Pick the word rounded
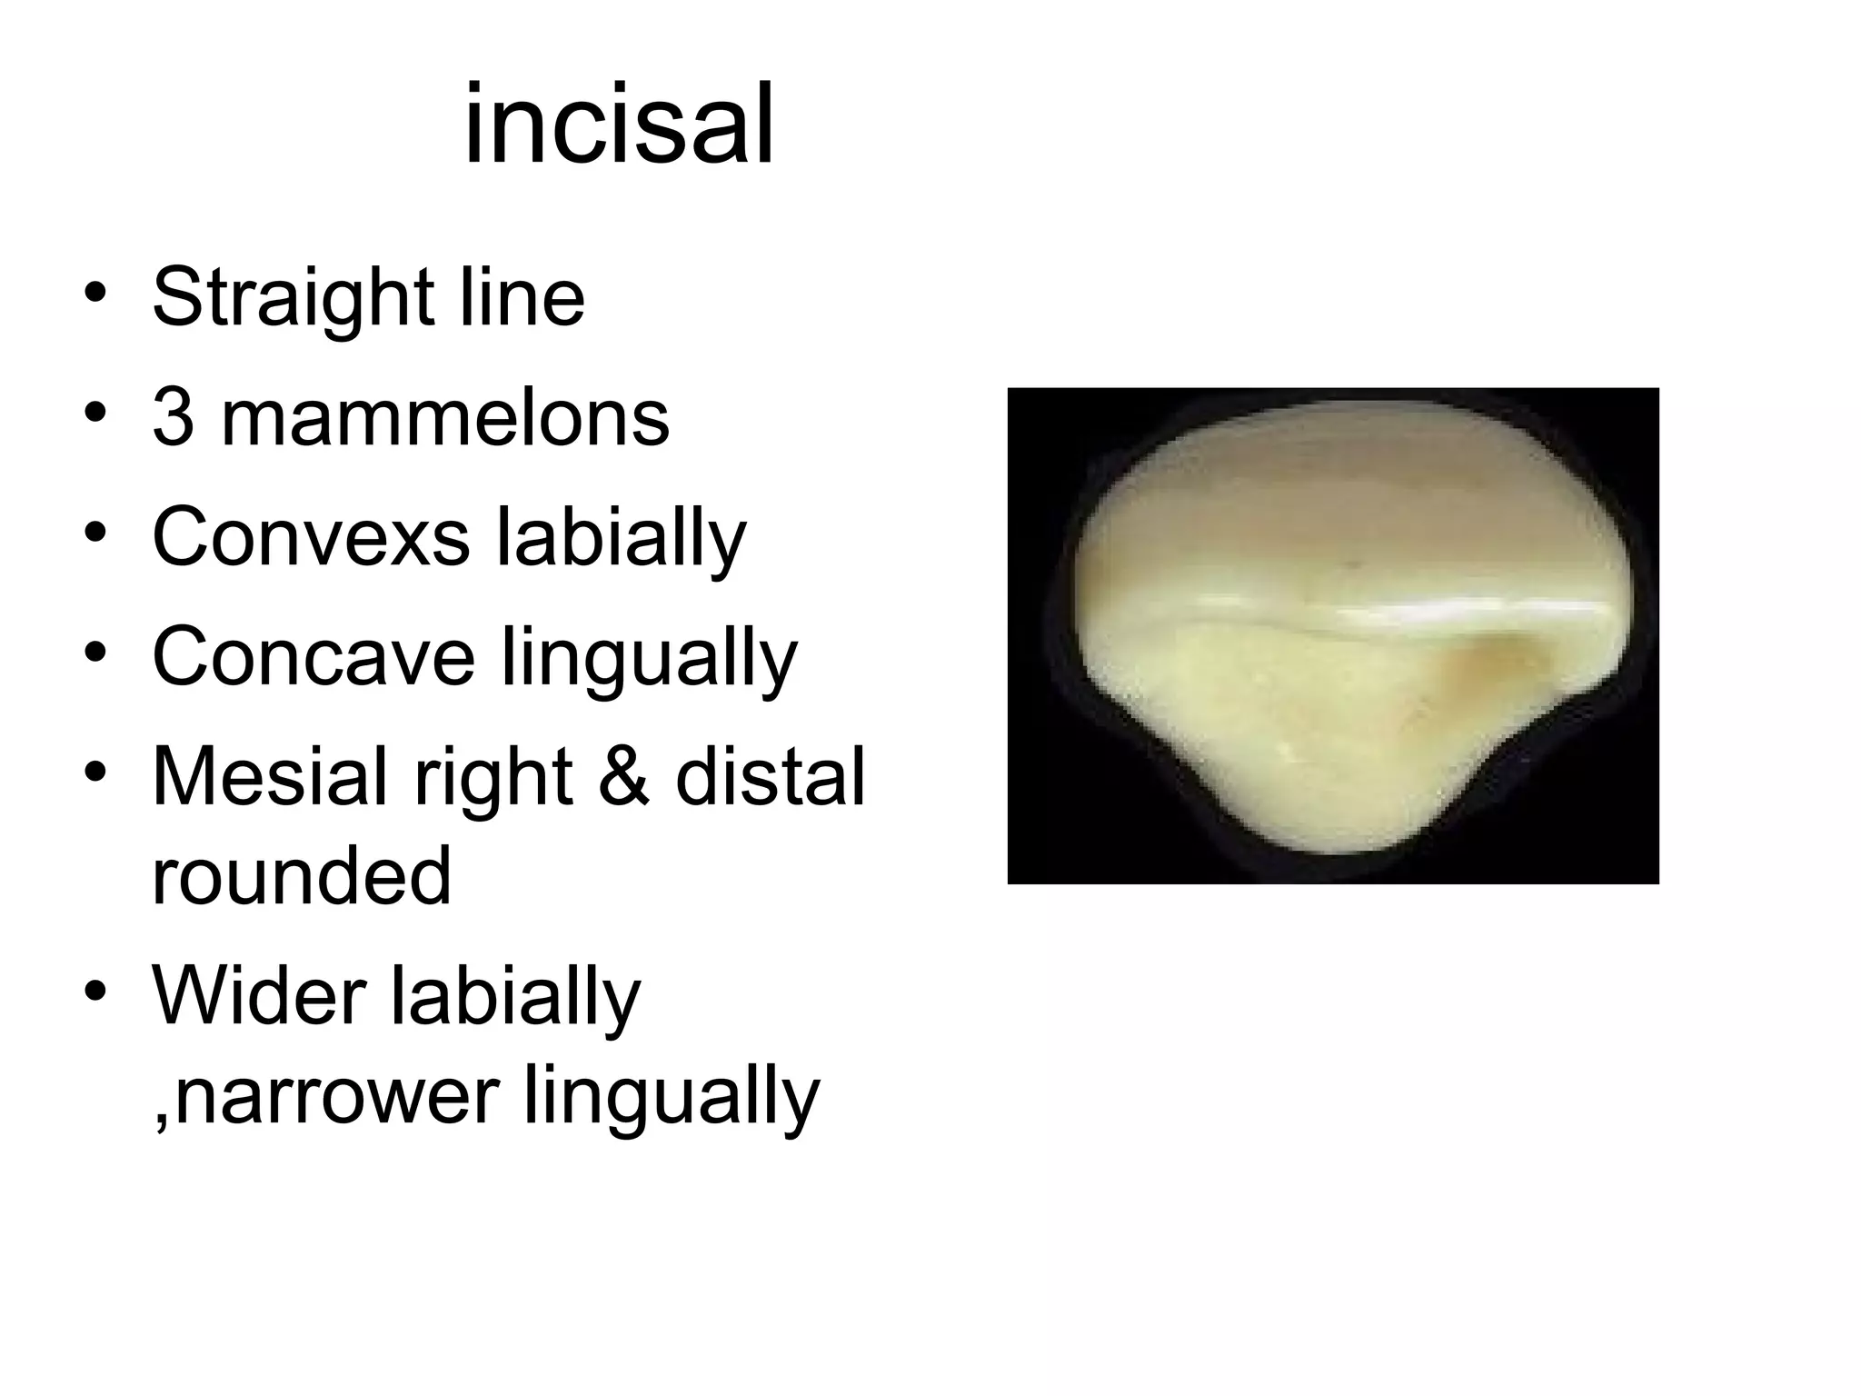click(x=301, y=875)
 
